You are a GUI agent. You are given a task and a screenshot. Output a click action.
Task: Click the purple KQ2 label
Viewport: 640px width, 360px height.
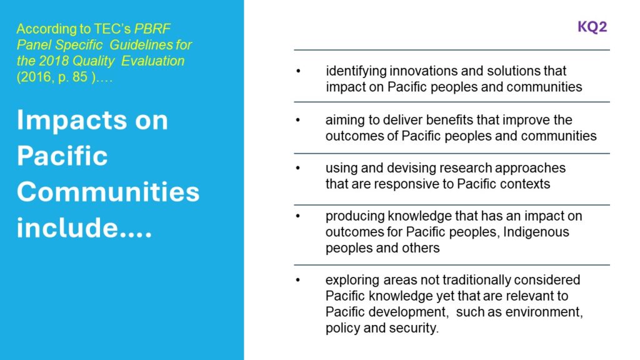pyautogui.click(x=592, y=27)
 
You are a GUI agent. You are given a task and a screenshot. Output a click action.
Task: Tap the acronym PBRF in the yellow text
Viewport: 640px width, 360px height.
pyautogui.click(x=152, y=29)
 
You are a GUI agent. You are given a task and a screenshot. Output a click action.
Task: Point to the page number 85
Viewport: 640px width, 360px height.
pyautogui.click(x=80, y=77)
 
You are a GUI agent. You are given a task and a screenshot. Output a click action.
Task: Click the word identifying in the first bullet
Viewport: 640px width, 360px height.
pyautogui.click(x=356, y=71)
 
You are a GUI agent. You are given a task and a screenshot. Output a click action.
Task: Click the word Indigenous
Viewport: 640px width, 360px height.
pyautogui.click(x=536, y=232)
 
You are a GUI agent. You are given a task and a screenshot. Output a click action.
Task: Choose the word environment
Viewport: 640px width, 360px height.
pyautogui.click(x=544, y=312)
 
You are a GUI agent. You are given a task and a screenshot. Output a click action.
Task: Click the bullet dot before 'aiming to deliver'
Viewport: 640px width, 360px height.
pyautogui.click(x=298, y=120)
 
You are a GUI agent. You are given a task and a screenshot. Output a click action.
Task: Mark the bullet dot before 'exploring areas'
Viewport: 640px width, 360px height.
pyautogui.click(x=298, y=280)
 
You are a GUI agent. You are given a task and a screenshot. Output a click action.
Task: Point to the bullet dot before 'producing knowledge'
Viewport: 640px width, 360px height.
pyautogui.click(x=298, y=216)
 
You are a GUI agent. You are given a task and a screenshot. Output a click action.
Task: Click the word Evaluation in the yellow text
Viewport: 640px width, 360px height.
pyautogui.click(x=152, y=61)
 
